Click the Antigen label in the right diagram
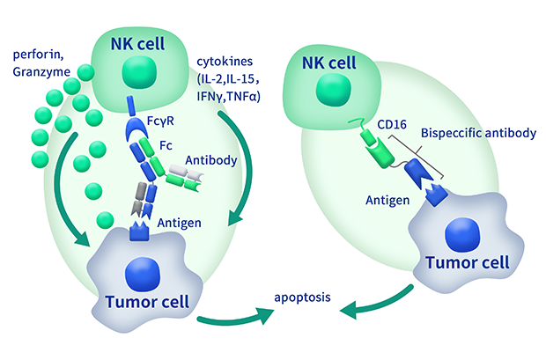coord(387,200)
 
